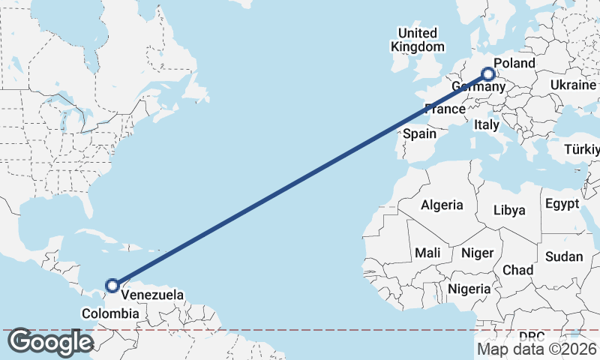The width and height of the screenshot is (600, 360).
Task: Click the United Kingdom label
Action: coord(417,40)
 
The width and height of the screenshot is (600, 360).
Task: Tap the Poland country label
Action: coord(514,63)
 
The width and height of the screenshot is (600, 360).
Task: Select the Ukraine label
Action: coord(572,85)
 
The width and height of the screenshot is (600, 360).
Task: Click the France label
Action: coord(445,109)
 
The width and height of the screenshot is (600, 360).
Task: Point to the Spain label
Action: coord(419,133)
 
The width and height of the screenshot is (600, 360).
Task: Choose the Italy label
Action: coord(486,126)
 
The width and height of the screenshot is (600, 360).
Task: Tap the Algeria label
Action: coord(442,205)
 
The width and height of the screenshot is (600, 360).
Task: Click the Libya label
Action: coord(510,210)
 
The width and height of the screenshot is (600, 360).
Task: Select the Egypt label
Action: coord(562,204)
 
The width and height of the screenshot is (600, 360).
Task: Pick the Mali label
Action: coord(427,253)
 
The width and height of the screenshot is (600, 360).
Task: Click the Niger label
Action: coord(477,253)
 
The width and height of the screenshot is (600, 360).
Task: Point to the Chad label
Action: coord(517,270)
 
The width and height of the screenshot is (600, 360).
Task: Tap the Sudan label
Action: coord(563,256)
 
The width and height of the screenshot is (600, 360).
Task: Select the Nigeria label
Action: coord(469,289)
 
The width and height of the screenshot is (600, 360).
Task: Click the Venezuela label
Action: coord(152,295)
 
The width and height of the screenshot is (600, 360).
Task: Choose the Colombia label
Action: coord(110,313)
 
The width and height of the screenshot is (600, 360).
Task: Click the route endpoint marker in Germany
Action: coord(488,74)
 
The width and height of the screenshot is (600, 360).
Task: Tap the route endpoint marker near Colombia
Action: coord(112,285)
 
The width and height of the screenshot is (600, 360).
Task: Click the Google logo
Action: coord(49,342)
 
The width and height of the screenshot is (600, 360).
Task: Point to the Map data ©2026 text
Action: coord(536,349)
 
